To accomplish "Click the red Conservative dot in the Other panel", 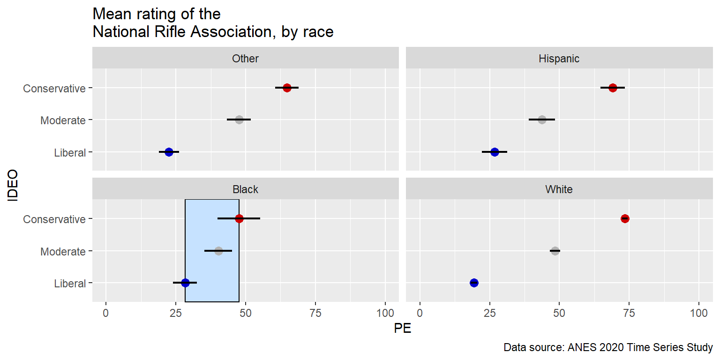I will click(x=287, y=88).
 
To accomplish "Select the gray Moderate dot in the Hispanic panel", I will click(x=542, y=120).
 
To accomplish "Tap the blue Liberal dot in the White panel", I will click(x=474, y=283).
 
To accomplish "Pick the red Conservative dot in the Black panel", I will click(x=239, y=218).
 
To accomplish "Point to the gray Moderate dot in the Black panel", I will click(x=218, y=251).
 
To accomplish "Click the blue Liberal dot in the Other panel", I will click(x=169, y=152).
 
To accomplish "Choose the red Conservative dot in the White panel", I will click(x=625, y=218).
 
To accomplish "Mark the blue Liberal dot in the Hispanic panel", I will click(x=495, y=152).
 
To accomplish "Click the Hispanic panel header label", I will click(x=559, y=59).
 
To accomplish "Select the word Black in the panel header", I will click(x=246, y=189).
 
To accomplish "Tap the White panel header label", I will click(x=559, y=189).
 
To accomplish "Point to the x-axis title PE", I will click(x=403, y=329).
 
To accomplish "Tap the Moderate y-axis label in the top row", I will click(x=63, y=120).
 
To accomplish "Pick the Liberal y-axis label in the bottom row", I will click(x=70, y=284).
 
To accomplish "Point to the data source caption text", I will click(x=608, y=348).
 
